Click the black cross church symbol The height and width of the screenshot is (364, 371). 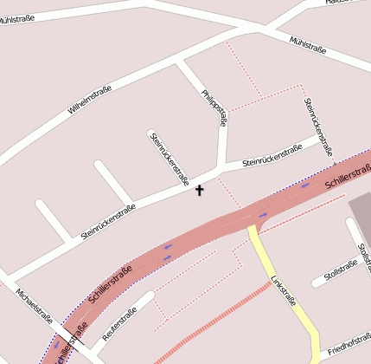tap(200, 189)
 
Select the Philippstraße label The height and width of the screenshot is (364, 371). tap(213, 108)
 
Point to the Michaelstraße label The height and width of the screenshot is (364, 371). tap(35, 305)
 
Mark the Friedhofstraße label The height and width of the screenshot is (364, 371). tap(349, 349)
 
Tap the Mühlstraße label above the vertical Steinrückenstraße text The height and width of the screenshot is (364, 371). tap(307, 42)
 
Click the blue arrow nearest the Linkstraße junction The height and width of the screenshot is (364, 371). tap(263, 213)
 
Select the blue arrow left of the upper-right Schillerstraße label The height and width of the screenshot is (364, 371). tap(304, 185)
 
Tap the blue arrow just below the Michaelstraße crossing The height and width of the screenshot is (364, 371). tap(57, 345)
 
